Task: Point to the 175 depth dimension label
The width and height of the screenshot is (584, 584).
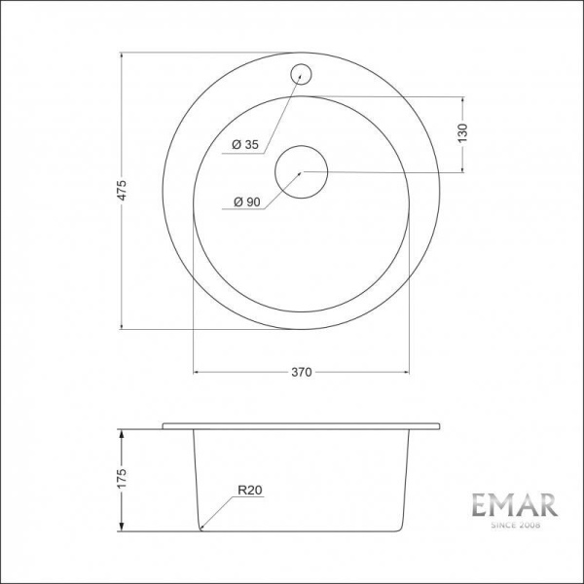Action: coord(122,478)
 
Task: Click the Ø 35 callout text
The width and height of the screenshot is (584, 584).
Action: coord(245,145)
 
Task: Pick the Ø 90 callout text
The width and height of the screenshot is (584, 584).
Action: coord(245,202)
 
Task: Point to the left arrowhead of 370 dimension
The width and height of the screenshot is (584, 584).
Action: coord(198,372)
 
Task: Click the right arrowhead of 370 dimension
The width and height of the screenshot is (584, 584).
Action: coord(406,372)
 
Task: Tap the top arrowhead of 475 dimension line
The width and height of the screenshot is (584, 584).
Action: coord(122,54)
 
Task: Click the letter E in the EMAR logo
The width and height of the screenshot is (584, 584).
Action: coord(482,505)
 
